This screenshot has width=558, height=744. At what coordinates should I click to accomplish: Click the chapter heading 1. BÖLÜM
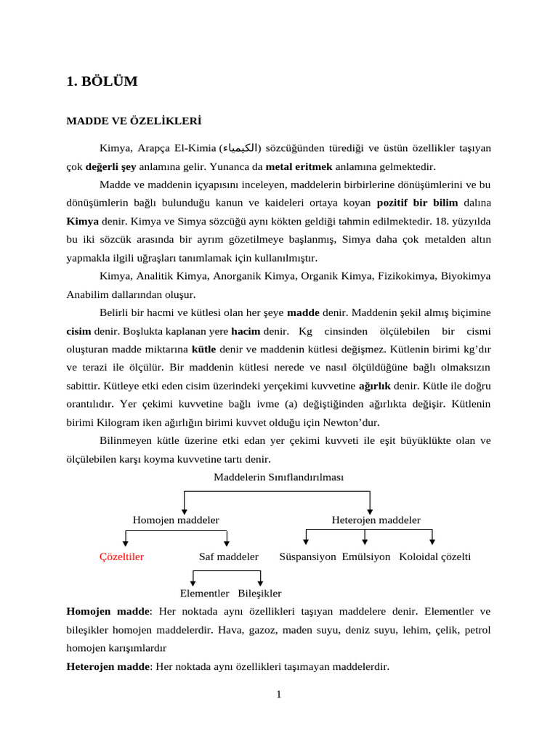pos(102,81)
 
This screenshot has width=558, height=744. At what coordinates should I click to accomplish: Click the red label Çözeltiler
pos(121,557)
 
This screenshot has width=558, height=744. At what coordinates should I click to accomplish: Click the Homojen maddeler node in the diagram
pos(176,519)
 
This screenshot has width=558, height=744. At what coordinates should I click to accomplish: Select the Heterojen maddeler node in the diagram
pos(376,519)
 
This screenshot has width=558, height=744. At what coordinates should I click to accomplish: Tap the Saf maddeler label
pos(228,557)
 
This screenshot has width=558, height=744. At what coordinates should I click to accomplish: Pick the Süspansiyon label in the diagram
pos(307,557)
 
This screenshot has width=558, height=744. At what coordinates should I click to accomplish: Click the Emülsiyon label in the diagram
pos(366,557)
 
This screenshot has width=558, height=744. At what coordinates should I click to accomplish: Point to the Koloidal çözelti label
pos(434,557)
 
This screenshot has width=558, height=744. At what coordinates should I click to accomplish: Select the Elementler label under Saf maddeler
pos(204,594)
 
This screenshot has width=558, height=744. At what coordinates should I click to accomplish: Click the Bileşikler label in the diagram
pos(259,594)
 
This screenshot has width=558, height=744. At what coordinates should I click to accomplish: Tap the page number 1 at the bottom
pos(278,694)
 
